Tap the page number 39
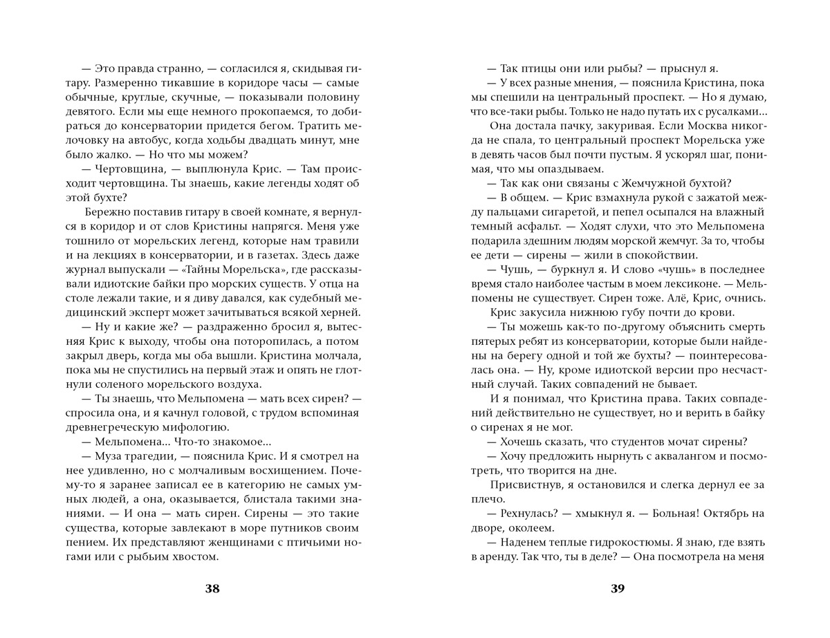point(618,589)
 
